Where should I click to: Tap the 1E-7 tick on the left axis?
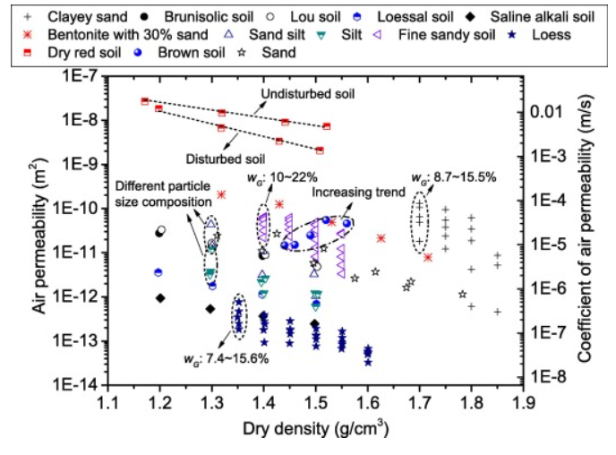[x=83, y=77]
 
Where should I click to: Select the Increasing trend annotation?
[x=351, y=190]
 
